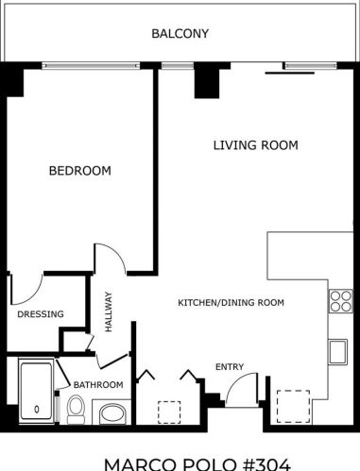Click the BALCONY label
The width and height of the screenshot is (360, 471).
pos(180,34)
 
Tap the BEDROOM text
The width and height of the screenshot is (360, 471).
pos(80,171)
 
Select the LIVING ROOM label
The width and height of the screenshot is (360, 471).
pos(255,145)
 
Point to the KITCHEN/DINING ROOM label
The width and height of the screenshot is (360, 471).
pos(231,303)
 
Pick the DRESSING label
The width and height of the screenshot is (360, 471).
pos(41,314)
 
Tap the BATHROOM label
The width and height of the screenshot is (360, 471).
pos(98,384)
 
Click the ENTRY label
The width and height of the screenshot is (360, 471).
pos(229,367)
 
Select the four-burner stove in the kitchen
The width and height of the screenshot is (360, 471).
pos(340,301)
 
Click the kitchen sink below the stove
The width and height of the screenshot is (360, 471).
pos(338,351)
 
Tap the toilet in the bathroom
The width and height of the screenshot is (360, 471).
pos(76,410)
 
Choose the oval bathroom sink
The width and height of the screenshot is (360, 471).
pos(111,413)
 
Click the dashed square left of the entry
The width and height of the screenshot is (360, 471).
pos(169,413)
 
